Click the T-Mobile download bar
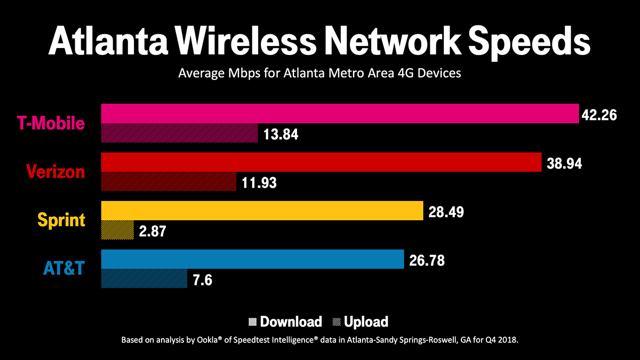point(340,114)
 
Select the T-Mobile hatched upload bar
point(180,133)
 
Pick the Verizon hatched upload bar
point(169,182)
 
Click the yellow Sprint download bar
point(262,211)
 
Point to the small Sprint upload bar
point(117,230)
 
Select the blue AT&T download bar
point(252,259)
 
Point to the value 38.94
point(564,163)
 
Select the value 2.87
point(153,231)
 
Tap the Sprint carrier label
point(61,220)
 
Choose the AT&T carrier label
point(64,268)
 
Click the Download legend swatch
point(253,322)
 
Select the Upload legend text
point(366,322)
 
